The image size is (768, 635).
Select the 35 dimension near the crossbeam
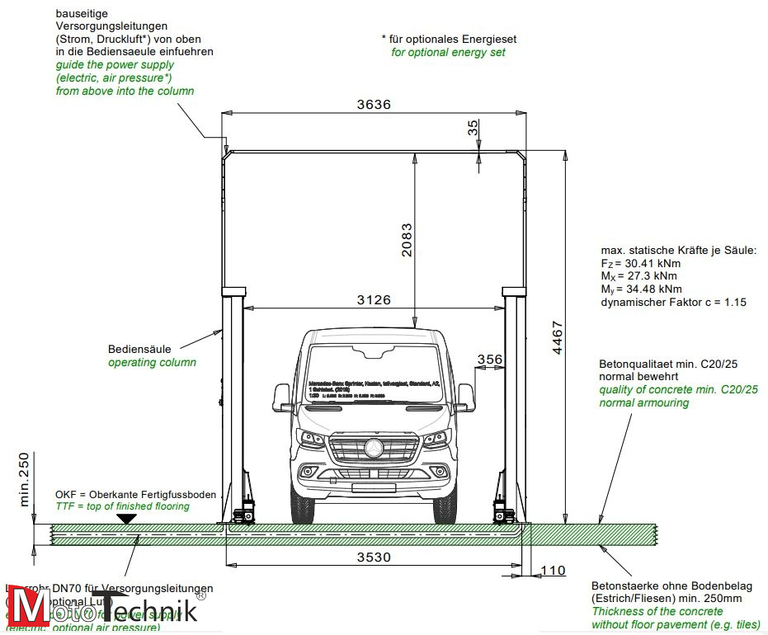tap(472, 128)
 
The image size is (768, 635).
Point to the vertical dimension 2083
tap(406, 240)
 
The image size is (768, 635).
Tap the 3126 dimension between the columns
tap(374, 300)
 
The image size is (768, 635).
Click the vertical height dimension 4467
tap(558, 338)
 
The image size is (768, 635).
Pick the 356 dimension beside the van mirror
tap(489, 359)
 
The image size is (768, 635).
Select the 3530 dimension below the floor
tap(374, 557)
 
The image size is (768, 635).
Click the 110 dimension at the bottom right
tap(554, 571)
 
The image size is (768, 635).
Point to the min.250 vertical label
tap(23, 479)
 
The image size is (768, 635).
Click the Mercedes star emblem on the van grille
tap(374, 449)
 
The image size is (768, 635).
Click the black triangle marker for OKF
tap(126, 518)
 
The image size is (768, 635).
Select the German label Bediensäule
tap(139, 349)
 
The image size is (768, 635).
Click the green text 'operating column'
tap(152, 362)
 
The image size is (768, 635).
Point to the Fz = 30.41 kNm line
tap(640, 263)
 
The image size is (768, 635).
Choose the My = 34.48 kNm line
tap(642, 289)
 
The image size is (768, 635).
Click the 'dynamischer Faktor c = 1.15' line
tap(674, 303)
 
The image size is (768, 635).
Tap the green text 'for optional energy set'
tap(448, 52)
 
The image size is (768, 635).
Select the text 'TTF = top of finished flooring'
tap(122, 506)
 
